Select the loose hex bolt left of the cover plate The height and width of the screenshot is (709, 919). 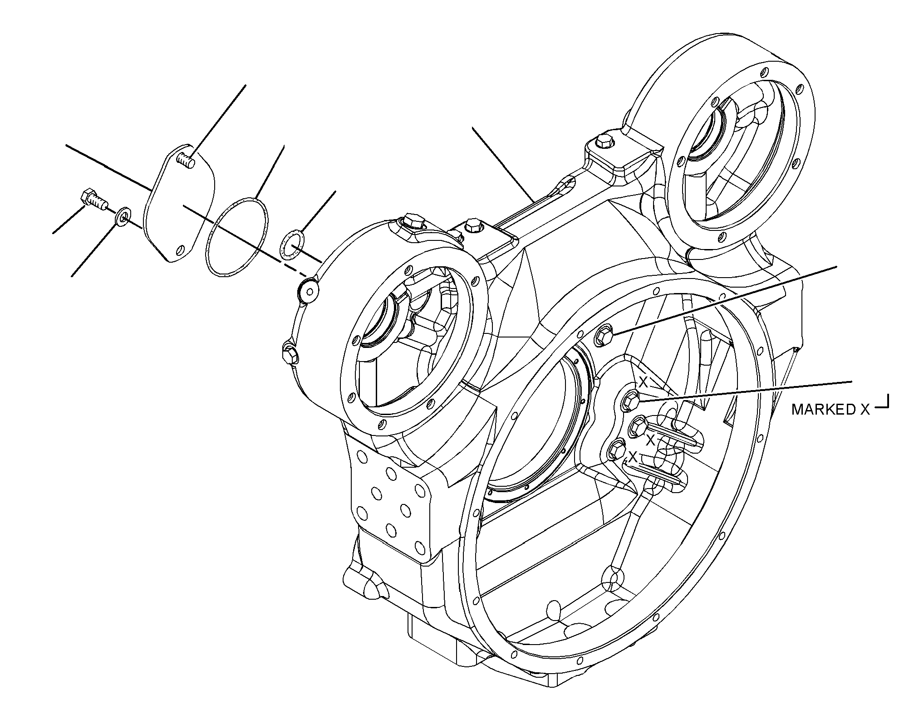pos(93,200)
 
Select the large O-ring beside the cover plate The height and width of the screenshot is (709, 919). pos(236,235)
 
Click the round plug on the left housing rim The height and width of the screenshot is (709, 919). pos(308,289)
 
